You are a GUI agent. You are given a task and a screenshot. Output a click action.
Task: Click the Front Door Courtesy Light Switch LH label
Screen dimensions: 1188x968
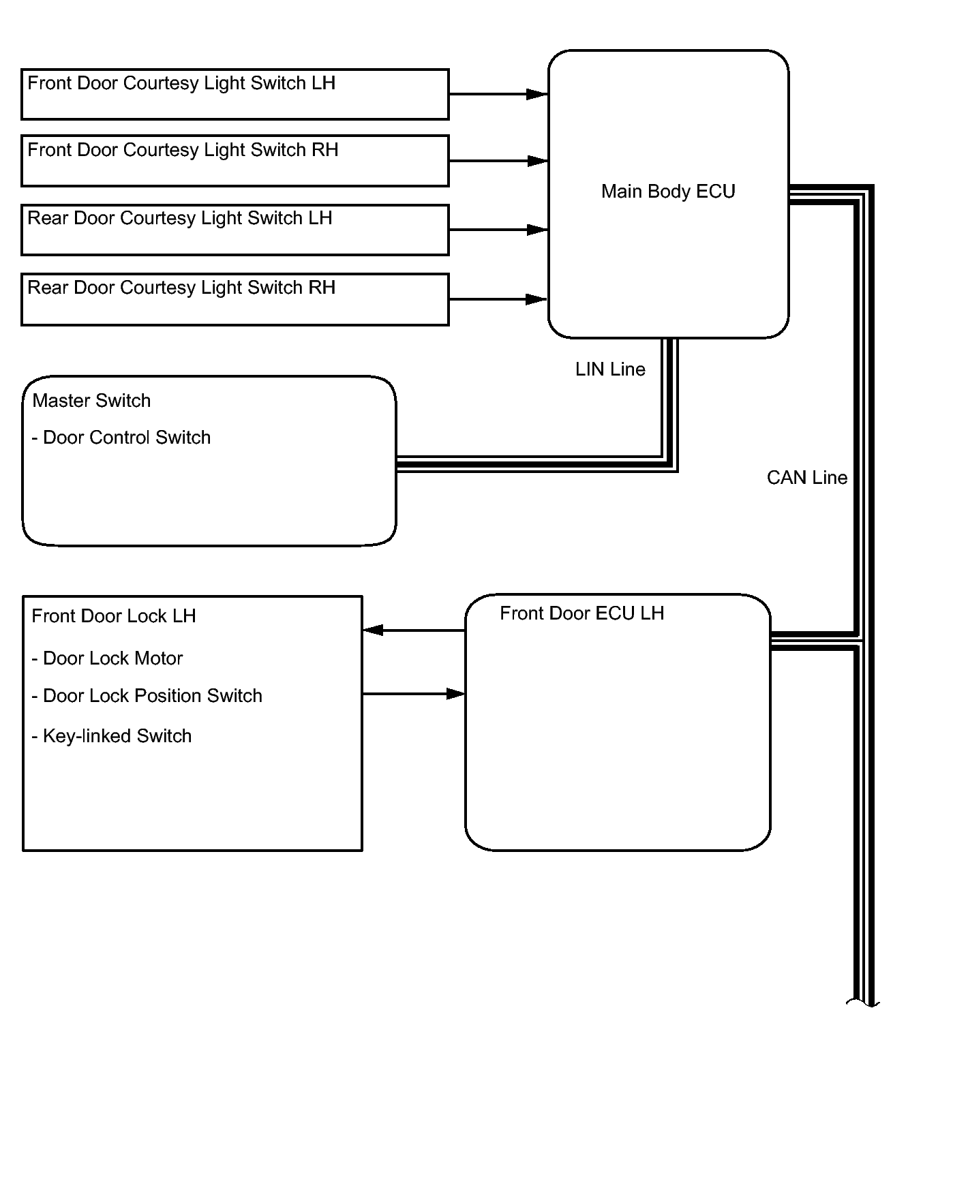[x=181, y=83]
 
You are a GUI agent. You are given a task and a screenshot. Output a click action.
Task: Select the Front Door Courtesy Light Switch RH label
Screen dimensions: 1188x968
[x=183, y=150]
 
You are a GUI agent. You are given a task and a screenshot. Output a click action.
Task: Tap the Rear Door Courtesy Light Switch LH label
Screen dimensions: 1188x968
[x=180, y=218]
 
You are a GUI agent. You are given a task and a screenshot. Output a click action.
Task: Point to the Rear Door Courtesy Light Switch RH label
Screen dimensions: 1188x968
[x=181, y=288]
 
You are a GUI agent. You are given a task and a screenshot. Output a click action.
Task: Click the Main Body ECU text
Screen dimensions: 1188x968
[x=668, y=192]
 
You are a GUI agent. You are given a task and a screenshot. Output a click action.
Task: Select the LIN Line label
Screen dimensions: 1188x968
[x=610, y=369]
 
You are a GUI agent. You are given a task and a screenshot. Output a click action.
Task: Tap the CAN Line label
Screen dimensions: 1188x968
[x=807, y=478]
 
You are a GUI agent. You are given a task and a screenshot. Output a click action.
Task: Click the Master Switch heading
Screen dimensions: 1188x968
[x=91, y=401]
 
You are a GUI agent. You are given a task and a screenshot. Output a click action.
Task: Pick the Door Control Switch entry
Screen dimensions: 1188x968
[x=121, y=438]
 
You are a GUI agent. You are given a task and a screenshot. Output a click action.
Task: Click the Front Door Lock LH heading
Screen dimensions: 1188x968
[x=114, y=616]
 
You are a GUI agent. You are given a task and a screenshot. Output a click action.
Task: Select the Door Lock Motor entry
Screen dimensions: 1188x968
[x=108, y=658]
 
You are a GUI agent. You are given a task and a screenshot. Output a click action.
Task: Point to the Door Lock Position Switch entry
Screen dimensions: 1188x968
[x=147, y=696]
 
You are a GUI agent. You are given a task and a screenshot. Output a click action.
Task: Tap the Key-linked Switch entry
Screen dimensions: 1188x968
[x=112, y=736]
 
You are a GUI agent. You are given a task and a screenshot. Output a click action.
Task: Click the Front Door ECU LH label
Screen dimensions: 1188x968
[x=581, y=613]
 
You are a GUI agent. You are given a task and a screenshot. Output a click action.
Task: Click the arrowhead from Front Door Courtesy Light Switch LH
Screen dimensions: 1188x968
[x=537, y=94]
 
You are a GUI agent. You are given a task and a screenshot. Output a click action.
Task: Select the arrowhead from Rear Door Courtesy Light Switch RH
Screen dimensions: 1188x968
[x=537, y=299]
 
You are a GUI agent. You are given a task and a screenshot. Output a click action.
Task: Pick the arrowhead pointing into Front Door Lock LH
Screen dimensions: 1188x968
[x=373, y=630]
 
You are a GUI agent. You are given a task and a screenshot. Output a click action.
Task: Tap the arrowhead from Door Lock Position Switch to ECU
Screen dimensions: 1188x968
[x=455, y=694]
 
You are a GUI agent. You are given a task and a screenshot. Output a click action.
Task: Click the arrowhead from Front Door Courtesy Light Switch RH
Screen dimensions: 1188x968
[x=537, y=161]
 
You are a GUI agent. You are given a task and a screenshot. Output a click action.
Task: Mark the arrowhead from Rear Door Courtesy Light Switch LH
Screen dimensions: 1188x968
[x=537, y=230]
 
